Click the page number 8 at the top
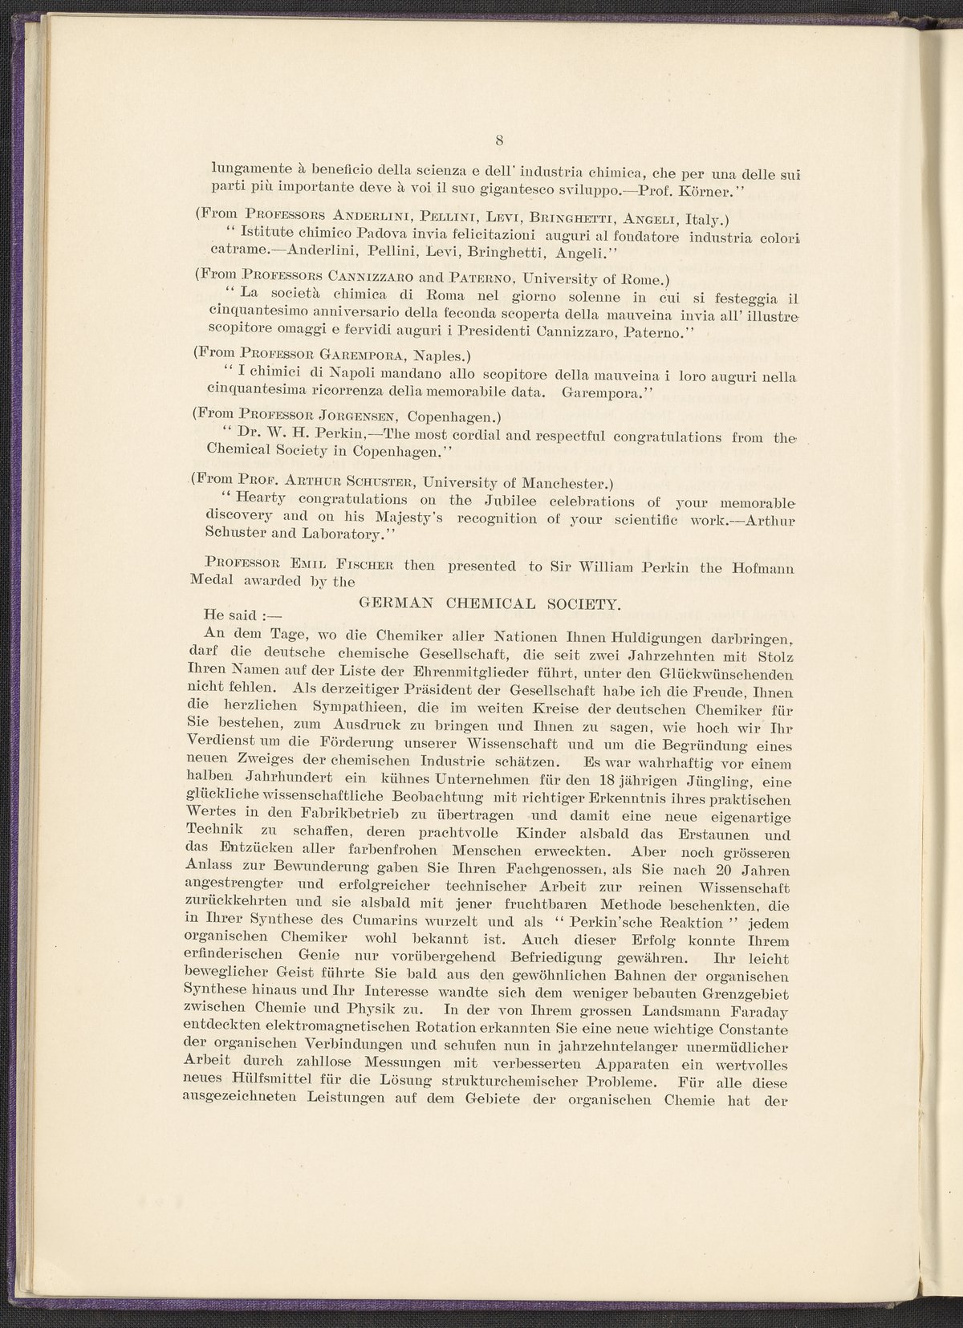498,142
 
